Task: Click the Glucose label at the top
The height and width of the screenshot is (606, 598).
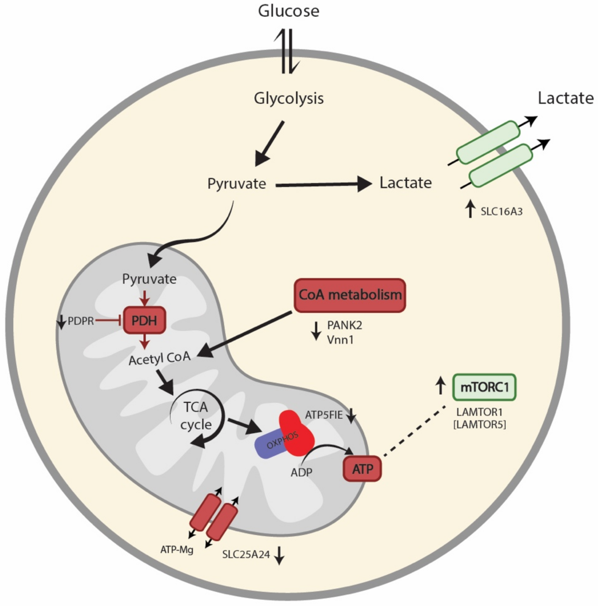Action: pyautogui.click(x=289, y=11)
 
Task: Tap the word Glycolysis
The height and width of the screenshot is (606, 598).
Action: pyautogui.click(x=289, y=98)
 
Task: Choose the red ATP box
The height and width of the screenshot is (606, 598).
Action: pyautogui.click(x=362, y=469)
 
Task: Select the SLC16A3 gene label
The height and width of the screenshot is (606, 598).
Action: pyautogui.click(x=501, y=212)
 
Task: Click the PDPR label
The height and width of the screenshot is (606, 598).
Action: pyautogui.click(x=81, y=321)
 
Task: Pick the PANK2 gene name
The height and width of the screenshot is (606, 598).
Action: pyautogui.click(x=344, y=325)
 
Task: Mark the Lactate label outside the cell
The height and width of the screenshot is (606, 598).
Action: pyautogui.click(x=565, y=98)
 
